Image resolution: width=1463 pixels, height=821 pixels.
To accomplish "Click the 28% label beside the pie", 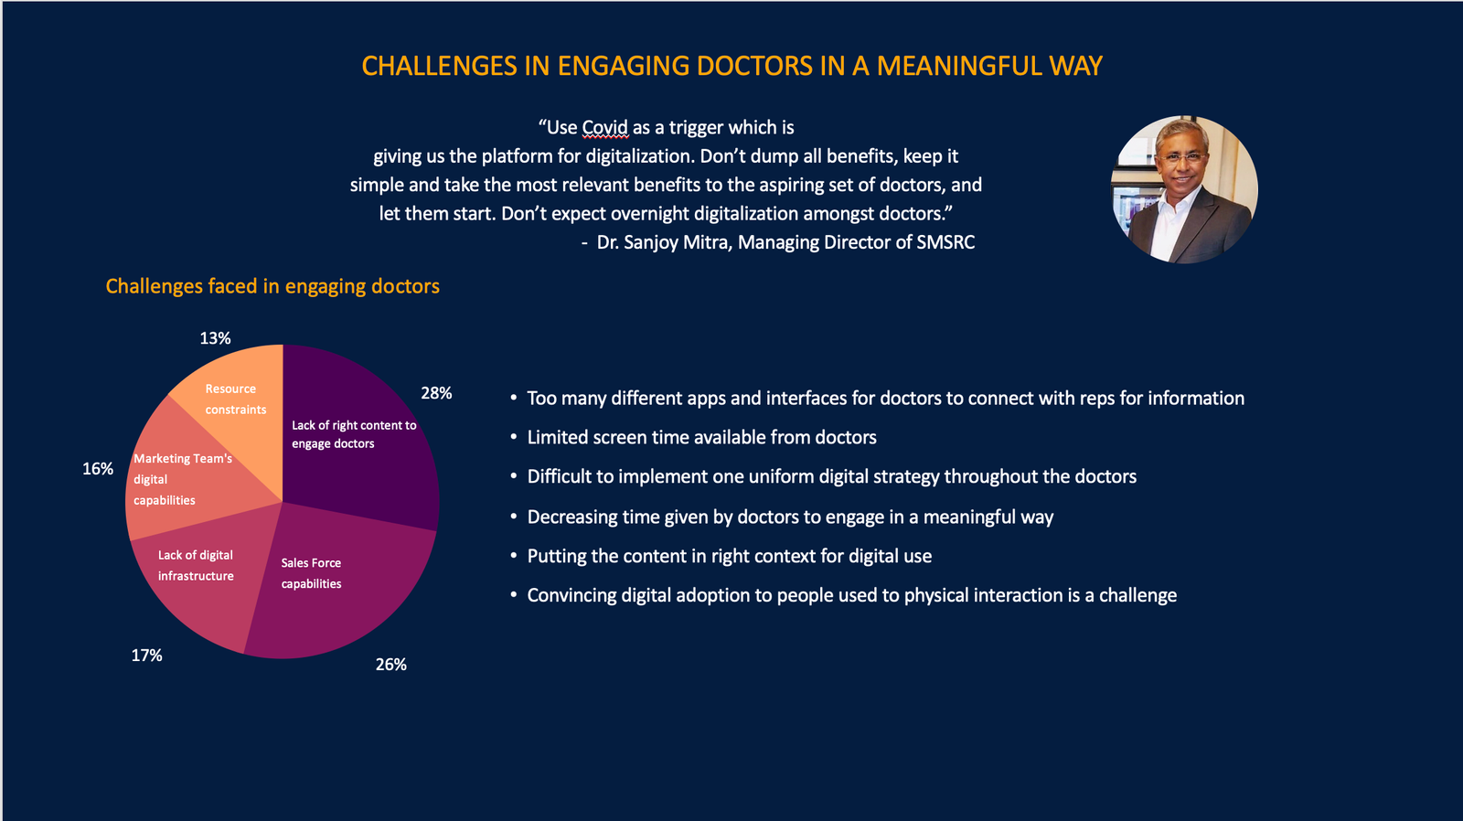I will coord(436,393).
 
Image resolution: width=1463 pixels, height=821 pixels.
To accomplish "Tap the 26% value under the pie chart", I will coord(390,665).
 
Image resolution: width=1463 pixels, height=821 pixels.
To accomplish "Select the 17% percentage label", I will coord(146,656).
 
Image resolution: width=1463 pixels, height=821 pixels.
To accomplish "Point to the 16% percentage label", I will coord(98,469).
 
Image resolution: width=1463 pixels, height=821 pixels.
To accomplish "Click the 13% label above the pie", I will coord(215,338).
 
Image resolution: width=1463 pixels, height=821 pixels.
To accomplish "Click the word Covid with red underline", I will coord(604,128).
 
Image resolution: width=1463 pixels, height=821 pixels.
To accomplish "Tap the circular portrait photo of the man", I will coord(1184,189).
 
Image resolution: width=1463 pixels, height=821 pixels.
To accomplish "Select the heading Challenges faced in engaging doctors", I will coord(272,286).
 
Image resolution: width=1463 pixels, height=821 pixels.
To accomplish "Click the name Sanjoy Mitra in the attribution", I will coord(676,242).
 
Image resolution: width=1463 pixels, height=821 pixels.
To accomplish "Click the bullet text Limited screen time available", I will coord(701,437).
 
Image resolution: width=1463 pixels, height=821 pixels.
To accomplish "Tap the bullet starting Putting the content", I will coord(729,556).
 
